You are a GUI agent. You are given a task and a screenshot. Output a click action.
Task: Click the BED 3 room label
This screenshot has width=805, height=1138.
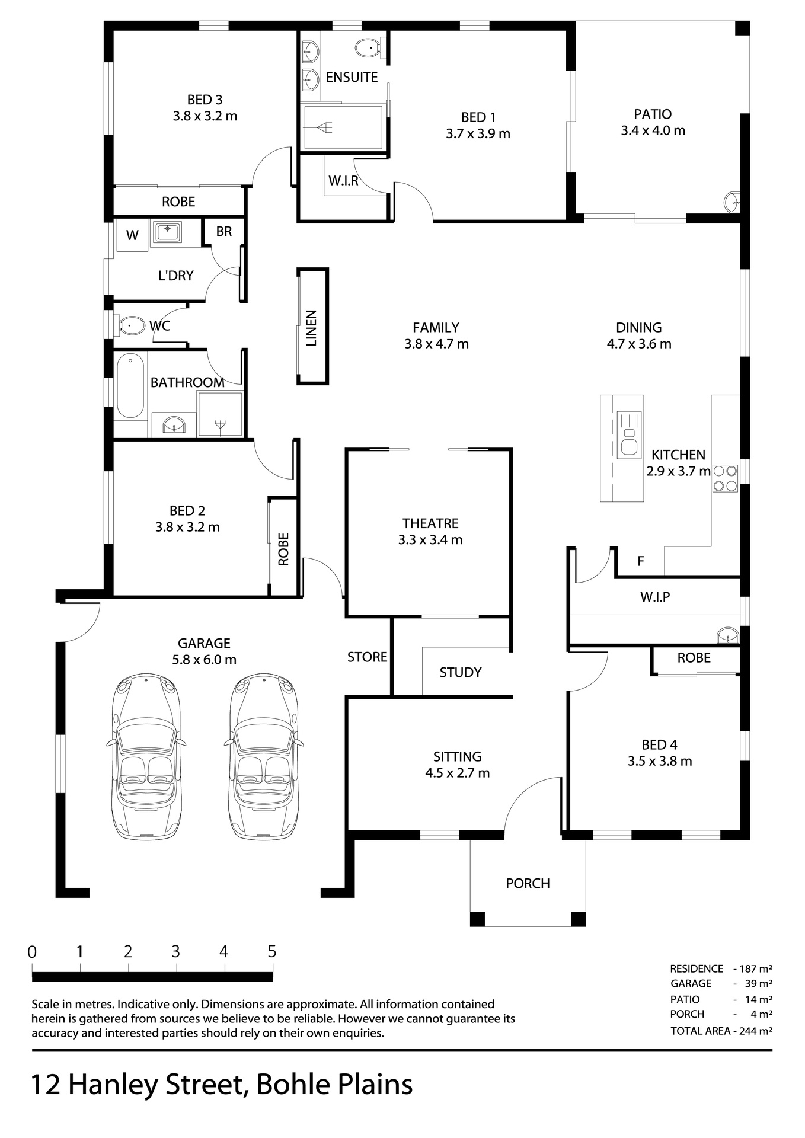click(205, 100)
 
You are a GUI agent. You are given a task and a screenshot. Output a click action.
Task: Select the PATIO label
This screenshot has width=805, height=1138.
click(653, 114)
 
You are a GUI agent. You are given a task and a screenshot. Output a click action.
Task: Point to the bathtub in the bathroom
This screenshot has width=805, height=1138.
click(130, 386)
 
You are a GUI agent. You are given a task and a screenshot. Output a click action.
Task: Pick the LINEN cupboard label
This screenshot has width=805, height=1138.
click(311, 328)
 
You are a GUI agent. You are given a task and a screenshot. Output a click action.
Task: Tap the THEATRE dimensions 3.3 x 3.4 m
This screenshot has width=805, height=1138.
click(430, 539)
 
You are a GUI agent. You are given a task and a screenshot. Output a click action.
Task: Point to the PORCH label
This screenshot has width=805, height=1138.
click(528, 883)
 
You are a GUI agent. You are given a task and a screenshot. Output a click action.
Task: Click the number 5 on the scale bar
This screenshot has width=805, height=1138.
click(272, 951)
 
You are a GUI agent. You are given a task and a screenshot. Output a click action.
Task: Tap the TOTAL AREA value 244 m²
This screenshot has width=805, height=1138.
click(755, 1031)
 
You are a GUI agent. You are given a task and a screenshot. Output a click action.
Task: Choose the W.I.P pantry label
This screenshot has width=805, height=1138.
click(655, 597)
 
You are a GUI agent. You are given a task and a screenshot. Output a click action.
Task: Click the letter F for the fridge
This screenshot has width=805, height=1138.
click(640, 561)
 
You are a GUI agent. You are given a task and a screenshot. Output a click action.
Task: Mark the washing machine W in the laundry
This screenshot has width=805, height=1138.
click(132, 235)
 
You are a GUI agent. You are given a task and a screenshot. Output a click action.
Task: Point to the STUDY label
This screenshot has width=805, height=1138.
click(460, 672)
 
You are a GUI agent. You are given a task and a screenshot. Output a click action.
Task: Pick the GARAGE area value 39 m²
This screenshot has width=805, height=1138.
click(755, 983)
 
